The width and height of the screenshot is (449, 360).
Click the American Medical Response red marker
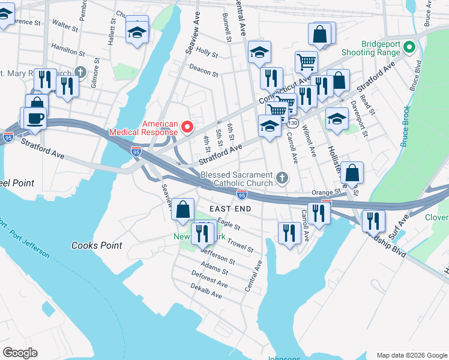tap(187, 126)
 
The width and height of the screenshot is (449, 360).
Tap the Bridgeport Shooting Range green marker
tap(410, 46)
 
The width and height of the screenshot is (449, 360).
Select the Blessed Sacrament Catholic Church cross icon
tap(282, 179)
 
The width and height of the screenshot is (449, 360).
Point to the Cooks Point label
tap(97, 245)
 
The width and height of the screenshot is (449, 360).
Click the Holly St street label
tap(206, 53)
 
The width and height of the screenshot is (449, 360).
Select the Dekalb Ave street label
tap(207, 295)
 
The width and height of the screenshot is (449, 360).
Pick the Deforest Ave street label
tap(209, 283)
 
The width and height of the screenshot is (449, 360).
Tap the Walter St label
tap(65, 26)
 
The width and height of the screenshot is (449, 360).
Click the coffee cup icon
tap(35, 118)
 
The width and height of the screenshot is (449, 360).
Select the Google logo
tap(20, 353)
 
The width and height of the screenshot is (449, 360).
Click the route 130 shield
tap(293, 122)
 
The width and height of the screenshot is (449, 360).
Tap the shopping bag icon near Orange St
tap(352, 173)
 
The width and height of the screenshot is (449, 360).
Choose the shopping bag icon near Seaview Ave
tap(183, 209)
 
